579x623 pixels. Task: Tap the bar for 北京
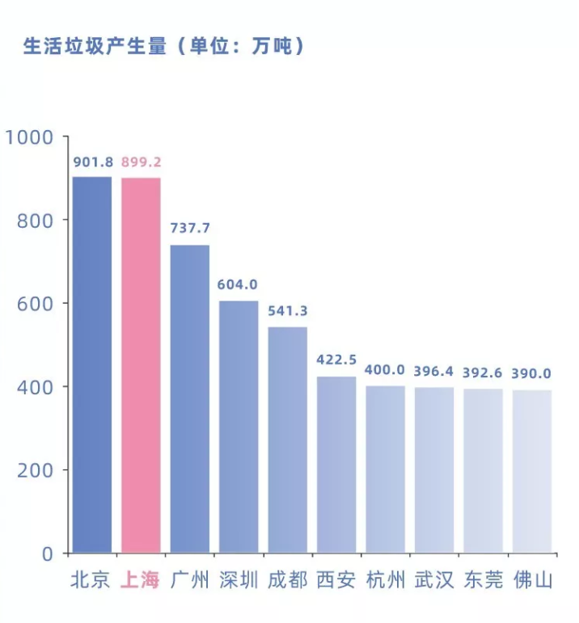pyautogui.click(x=92, y=364)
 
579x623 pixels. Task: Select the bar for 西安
pyautogui.click(x=336, y=465)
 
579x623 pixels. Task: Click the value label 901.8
pyautogui.click(x=93, y=162)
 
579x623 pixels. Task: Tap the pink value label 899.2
pyautogui.click(x=142, y=162)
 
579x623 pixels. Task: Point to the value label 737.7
pyautogui.click(x=190, y=229)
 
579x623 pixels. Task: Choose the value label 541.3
pyautogui.click(x=288, y=311)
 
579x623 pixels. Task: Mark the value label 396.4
pyautogui.click(x=434, y=373)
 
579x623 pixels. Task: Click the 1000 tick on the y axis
pyautogui.click(x=28, y=137)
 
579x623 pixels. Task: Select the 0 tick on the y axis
pyautogui.click(x=48, y=554)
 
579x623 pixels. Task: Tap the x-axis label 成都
pyautogui.click(x=288, y=580)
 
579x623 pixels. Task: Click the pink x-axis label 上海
pyautogui.click(x=141, y=580)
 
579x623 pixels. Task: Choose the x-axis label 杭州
pyautogui.click(x=386, y=580)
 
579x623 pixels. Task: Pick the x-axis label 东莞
pyautogui.click(x=484, y=580)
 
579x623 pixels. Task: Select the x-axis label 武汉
pyautogui.click(x=434, y=580)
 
